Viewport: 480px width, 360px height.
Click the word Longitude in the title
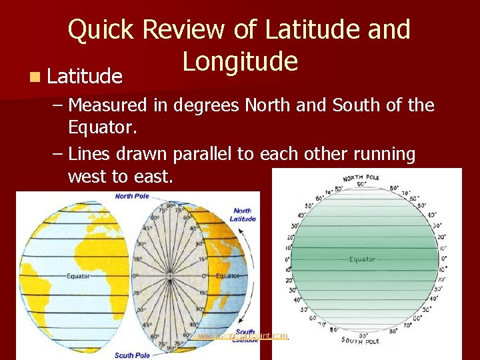tap(240, 61)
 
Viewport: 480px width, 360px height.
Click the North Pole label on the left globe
tap(132, 196)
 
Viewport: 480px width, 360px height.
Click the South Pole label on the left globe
tap(132, 355)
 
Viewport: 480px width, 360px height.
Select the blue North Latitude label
tap(243, 215)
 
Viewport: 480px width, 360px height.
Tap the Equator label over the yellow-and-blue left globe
tap(78, 275)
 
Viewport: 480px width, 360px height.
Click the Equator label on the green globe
tap(362, 259)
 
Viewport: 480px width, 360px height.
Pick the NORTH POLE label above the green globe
tap(362, 178)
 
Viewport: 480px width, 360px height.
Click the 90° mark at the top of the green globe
tap(361, 184)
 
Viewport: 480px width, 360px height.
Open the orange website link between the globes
tap(243, 337)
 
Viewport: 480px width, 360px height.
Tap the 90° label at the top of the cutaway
tap(169, 205)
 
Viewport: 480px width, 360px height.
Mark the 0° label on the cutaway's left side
tap(134, 275)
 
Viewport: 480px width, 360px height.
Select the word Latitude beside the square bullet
tap(85, 77)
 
